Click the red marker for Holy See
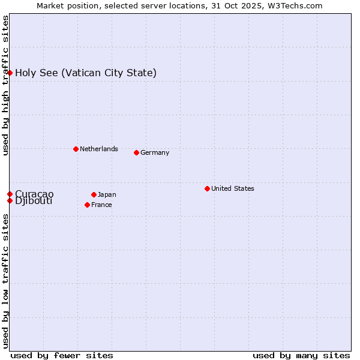coord(10,73)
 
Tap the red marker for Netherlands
coord(76,149)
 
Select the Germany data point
coord(136,152)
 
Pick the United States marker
coord(207,188)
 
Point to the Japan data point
coord(94,194)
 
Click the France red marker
coord(88,205)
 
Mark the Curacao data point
coord(10,194)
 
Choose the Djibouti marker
coord(10,200)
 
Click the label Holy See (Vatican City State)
coord(86,73)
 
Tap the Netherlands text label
coord(99,149)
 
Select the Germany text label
coord(155,152)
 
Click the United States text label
coord(233,188)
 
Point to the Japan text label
coord(107,194)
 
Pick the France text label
coord(101,205)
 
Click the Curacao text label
coord(34,194)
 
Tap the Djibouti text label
coord(34,201)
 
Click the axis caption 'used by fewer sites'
coord(62,355)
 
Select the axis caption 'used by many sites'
coord(301,355)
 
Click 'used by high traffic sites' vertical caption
coord(5,85)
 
